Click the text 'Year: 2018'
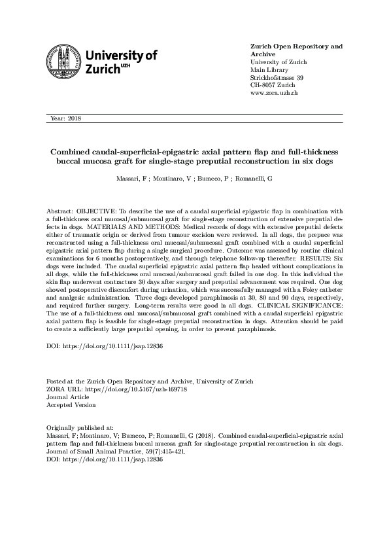65,118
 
